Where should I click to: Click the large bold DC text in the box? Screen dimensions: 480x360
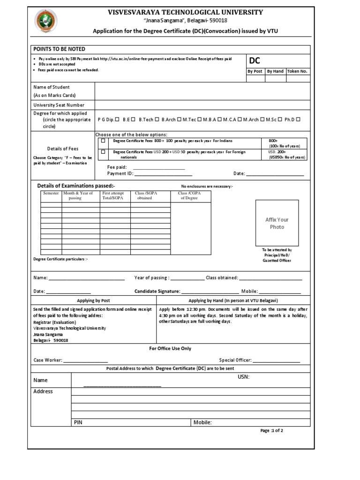[x=255, y=61]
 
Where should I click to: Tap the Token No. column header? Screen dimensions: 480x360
[x=298, y=71]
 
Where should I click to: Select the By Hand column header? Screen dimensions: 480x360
[x=275, y=71]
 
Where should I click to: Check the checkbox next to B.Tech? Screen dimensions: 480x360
[x=157, y=120]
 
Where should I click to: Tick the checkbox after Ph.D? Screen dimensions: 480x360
[x=298, y=120]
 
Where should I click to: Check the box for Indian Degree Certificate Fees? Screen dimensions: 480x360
[x=103, y=141]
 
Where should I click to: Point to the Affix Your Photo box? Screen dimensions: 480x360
[x=277, y=223]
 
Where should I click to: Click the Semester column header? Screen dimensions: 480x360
[x=51, y=193]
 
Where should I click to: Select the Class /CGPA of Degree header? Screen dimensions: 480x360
[x=189, y=195]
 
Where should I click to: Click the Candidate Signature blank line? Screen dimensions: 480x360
[x=210, y=292]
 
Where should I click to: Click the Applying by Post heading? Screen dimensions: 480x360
[x=93, y=300]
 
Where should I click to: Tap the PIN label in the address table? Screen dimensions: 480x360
[x=78, y=422]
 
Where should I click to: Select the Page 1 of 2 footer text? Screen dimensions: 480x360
[x=272, y=430]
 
